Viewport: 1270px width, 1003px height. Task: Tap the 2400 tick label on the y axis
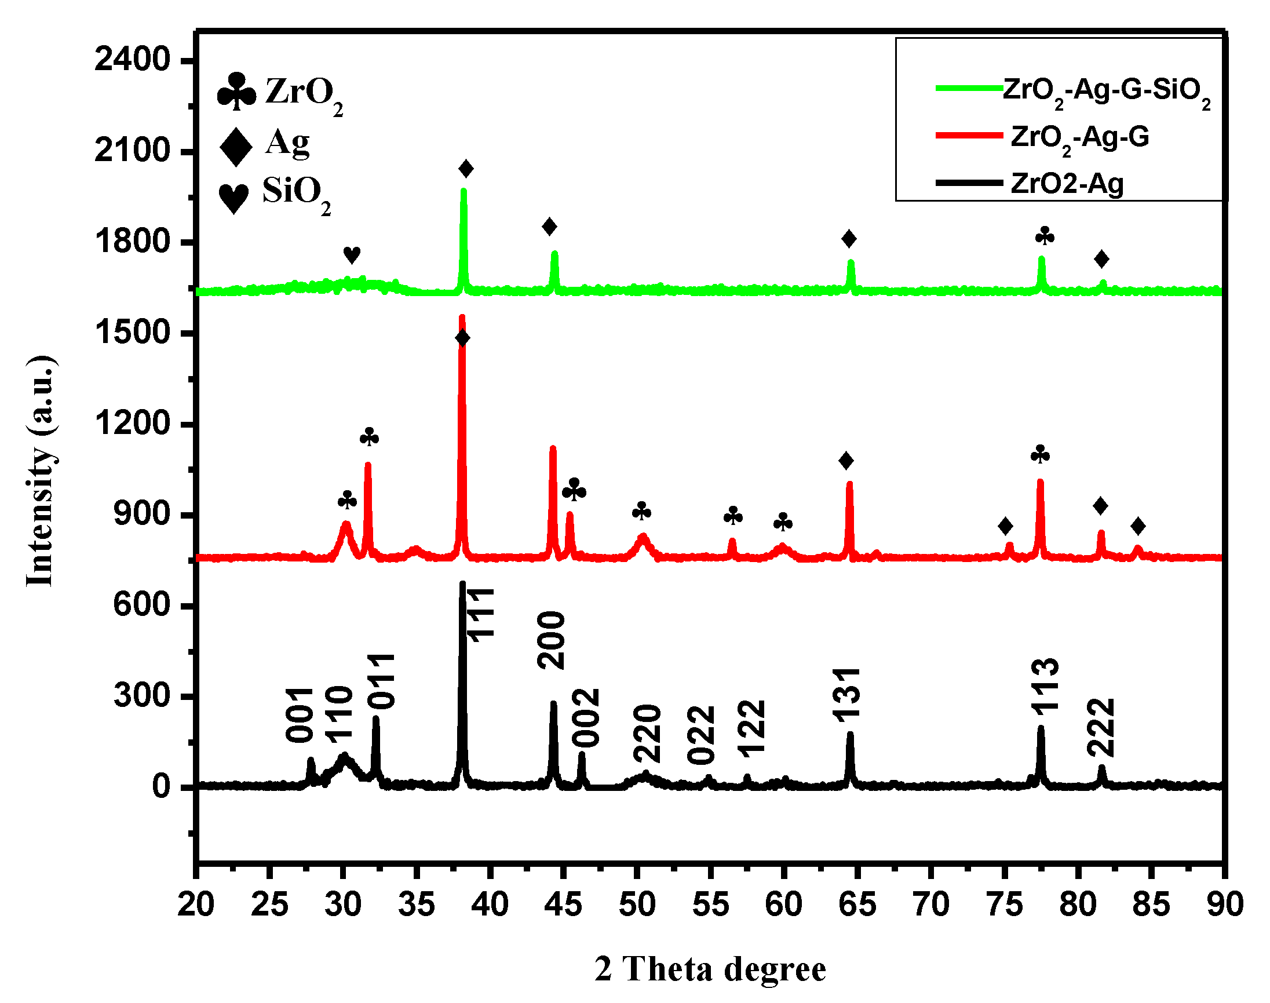point(133,60)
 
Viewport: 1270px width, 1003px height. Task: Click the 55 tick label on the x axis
point(710,904)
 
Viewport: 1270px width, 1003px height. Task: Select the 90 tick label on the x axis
point(1225,904)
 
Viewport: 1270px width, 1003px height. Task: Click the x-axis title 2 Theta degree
point(710,968)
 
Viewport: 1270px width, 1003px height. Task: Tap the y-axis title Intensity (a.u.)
point(41,471)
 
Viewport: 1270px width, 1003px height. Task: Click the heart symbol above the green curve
point(352,255)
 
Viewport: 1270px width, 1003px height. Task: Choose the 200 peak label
point(552,640)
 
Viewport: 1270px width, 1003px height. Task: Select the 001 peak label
point(300,714)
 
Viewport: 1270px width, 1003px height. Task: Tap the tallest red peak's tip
point(462,318)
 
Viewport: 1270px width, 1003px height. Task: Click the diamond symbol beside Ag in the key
point(236,147)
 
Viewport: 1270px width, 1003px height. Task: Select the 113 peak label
point(1045,687)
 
